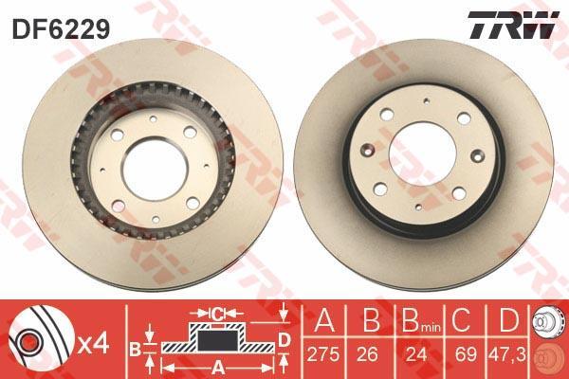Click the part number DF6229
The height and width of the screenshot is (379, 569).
click(x=61, y=29)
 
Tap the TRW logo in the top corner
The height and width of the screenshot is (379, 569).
click(x=513, y=25)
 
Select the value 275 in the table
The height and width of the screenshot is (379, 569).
click(x=323, y=353)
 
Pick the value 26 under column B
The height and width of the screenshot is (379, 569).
click(x=367, y=353)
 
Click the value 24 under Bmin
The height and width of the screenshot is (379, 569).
click(x=416, y=353)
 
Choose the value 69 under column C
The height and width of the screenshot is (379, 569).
click(x=466, y=353)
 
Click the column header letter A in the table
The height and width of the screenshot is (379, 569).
click(x=324, y=319)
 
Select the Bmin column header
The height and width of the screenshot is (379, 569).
click(x=421, y=320)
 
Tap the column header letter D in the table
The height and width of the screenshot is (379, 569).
click(x=508, y=319)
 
